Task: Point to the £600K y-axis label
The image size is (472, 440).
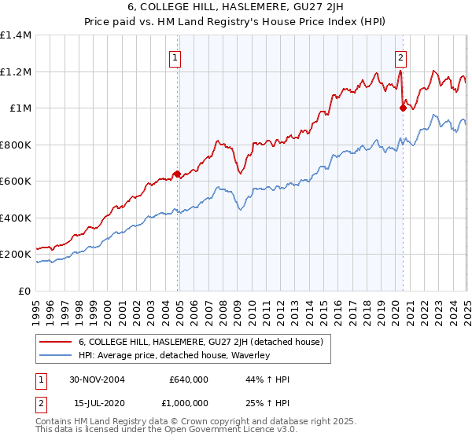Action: coord(16,181)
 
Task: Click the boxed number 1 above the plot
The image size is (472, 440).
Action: coord(174,57)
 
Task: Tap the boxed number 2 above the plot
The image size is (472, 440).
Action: coord(400,57)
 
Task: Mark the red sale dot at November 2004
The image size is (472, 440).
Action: coord(178,174)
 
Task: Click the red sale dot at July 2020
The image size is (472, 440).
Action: coord(402,108)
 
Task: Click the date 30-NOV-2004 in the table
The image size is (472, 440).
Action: coord(97,379)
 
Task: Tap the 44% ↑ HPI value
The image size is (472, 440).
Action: coord(258,379)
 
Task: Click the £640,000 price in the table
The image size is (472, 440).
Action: coord(188,379)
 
